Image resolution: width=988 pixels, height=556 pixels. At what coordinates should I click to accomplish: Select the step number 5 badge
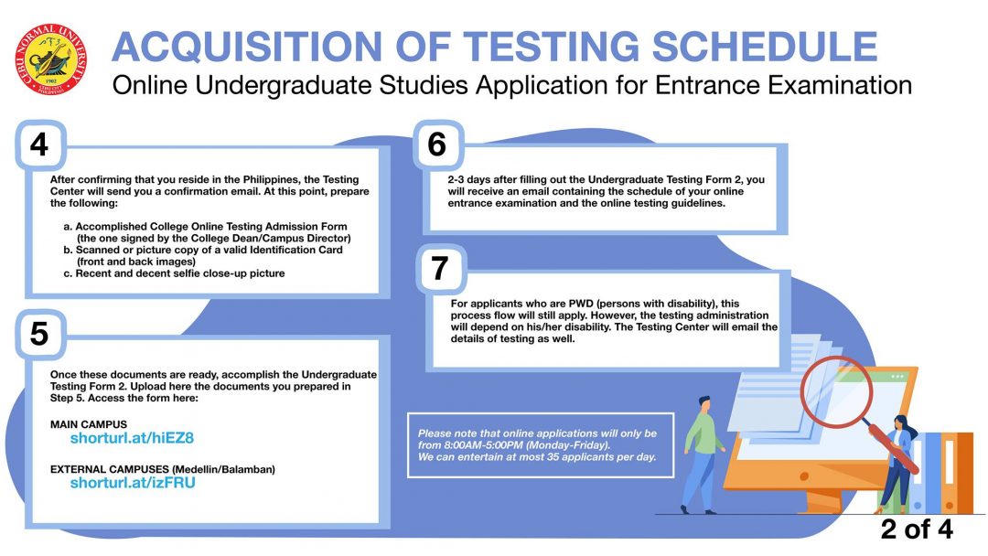coord(39,334)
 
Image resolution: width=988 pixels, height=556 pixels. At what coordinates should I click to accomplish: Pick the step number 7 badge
coord(440,268)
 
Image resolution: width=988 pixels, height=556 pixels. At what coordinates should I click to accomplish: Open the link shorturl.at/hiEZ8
coord(132,438)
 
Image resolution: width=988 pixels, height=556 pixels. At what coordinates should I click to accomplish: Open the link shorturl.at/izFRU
coord(133,483)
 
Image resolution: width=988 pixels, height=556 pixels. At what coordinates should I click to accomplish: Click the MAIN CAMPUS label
coord(89,424)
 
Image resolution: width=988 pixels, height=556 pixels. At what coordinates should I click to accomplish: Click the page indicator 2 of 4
coord(917,529)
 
